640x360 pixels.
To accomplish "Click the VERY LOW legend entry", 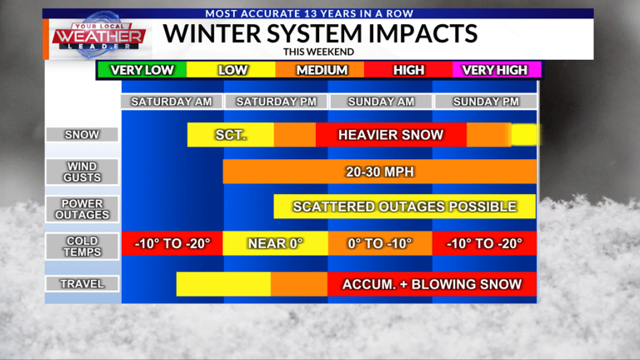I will [x=142, y=70].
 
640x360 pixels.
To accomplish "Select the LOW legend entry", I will [x=232, y=70].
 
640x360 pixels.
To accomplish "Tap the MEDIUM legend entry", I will [x=322, y=70].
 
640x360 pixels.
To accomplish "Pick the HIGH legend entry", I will [x=408, y=70].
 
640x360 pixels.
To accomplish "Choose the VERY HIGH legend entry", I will [x=496, y=70].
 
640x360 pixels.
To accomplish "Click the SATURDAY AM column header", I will [x=172, y=102].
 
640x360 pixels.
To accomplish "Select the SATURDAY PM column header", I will [x=276, y=102].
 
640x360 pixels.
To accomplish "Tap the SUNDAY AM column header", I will [x=379, y=102].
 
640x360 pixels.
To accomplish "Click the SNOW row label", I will [x=82, y=134].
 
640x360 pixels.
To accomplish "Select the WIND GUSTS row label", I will [x=82, y=172].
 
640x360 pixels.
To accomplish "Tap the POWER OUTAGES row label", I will [x=82, y=208].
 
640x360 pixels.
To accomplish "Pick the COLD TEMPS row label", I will [x=82, y=247].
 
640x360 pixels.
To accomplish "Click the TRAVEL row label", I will [x=82, y=284].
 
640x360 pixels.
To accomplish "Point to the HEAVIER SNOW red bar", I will [x=391, y=135].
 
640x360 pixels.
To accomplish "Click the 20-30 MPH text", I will [x=380, y=172].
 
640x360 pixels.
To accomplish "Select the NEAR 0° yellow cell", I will [x=276, y=244].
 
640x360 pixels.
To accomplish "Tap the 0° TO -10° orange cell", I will [x=379, y=244].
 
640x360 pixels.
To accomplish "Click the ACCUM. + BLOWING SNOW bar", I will [x=432, y=284].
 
